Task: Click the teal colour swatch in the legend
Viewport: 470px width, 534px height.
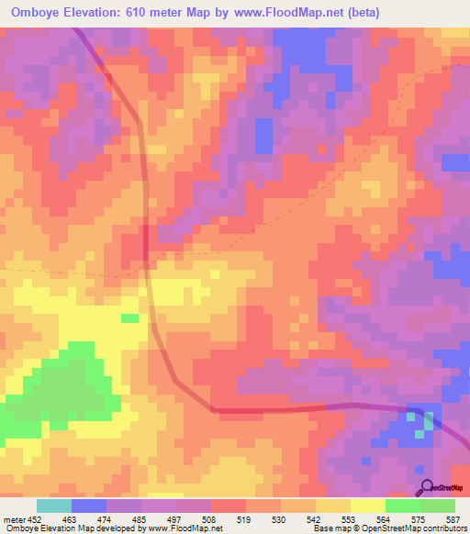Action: point(53,506)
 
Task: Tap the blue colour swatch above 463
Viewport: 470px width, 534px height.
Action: point(88,506)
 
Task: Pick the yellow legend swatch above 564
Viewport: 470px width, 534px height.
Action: point(368,506)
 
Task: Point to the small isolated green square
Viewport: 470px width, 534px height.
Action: point(130,317)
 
